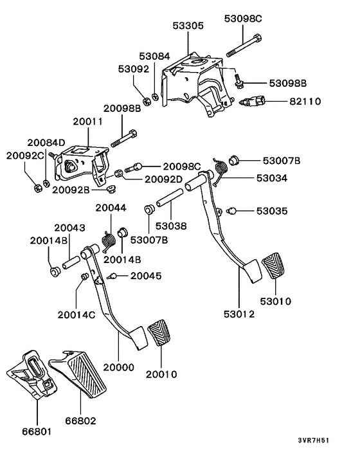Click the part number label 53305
[188, 26]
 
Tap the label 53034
[274, 178]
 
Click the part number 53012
[240, 314]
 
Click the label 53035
[274, 210]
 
